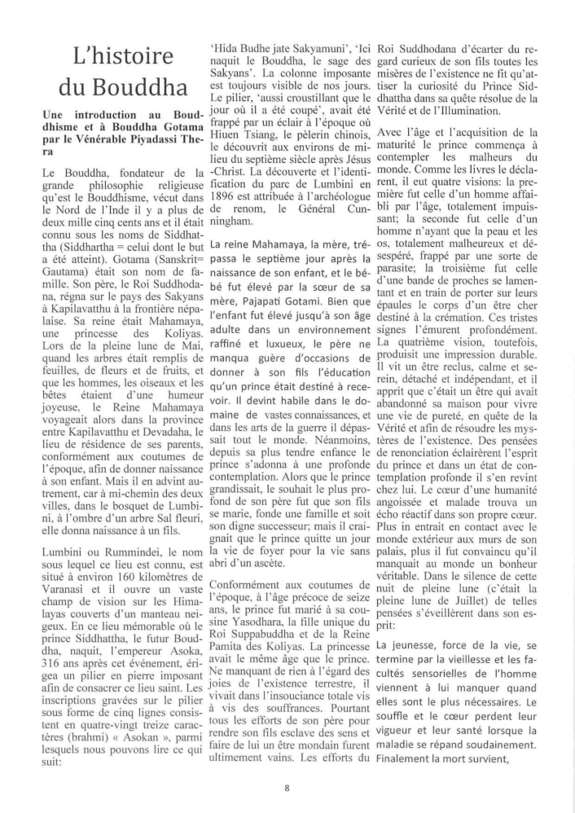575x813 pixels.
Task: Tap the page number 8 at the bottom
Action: coord(287,787)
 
